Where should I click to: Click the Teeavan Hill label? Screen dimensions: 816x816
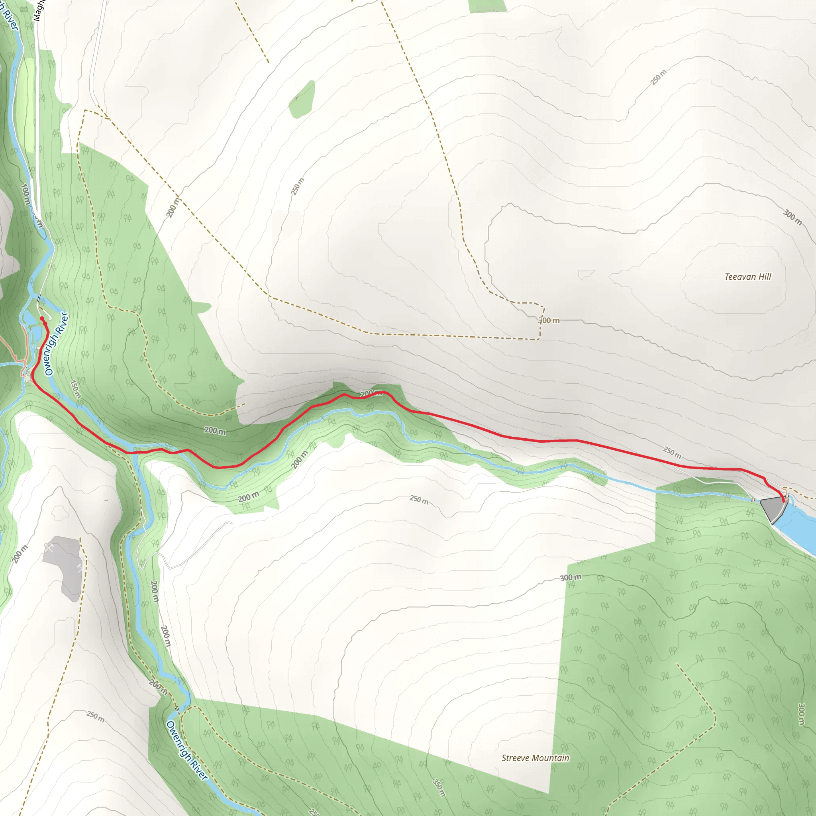[x=747, y=277]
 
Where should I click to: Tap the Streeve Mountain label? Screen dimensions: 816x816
[x=535, y=758]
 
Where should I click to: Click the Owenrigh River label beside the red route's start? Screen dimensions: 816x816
[x=56, y=343]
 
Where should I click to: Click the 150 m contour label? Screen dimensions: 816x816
[x=75, y=389]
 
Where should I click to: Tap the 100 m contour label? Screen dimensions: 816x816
[x=25, y=194]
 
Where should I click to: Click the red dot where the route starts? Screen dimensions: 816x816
[x=42, y=318]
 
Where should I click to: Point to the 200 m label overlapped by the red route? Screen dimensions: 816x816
[x=371, y=393]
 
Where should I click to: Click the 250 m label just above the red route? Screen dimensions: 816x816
[x=671, y=452]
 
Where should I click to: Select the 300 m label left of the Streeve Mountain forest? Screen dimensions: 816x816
[x=570, y=577]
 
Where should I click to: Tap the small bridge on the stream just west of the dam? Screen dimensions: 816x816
[x=752, y=500]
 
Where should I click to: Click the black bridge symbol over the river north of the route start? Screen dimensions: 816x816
[x=39, y=297]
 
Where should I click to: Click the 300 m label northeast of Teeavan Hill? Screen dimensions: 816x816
[x=792, y=217]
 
